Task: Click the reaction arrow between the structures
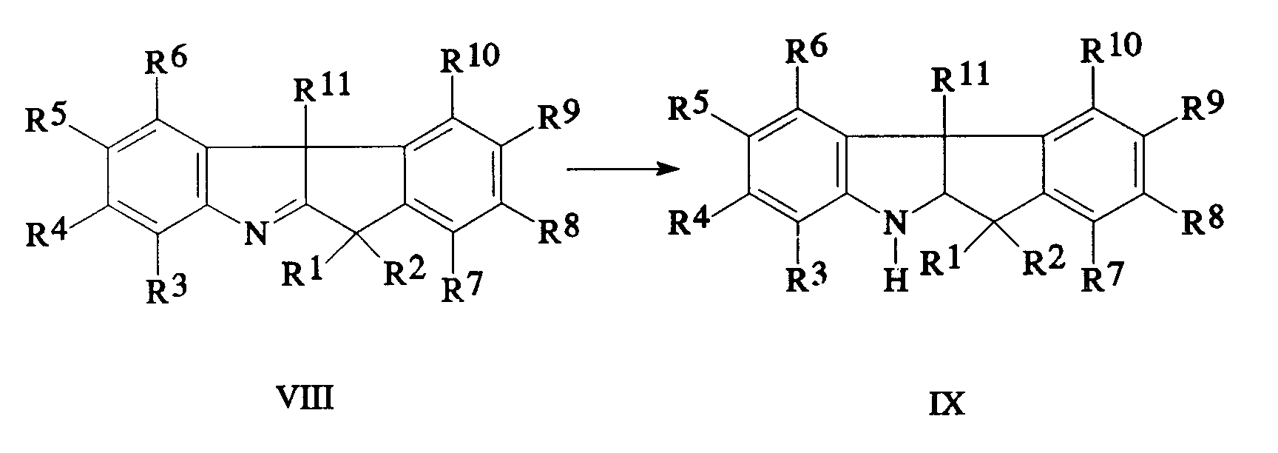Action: tap(623, 170)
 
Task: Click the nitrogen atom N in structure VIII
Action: tap(255, 235)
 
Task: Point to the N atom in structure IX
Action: tap(896, 220)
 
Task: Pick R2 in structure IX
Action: tap(1043, 261)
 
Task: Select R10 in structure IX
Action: tap(1111, 49)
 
